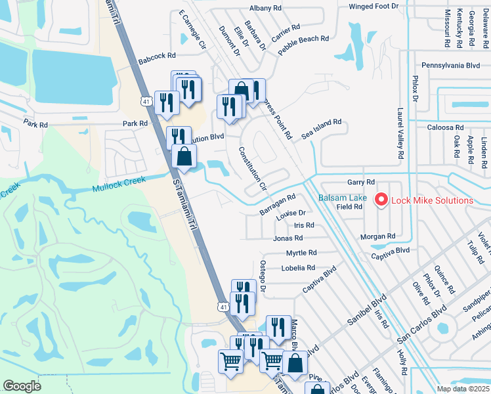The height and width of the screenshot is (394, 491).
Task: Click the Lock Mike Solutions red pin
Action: coord(380,198)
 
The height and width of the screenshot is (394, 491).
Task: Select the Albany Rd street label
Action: coord(265,8)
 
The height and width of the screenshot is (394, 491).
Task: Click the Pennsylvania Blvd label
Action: coord(451,66)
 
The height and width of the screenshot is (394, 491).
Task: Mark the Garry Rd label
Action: coord(361,182)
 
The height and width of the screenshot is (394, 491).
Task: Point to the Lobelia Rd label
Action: coord(298,268)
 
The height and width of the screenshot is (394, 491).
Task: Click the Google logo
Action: coord(22,386)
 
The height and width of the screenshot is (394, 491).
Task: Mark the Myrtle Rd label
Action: coord(301,253)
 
